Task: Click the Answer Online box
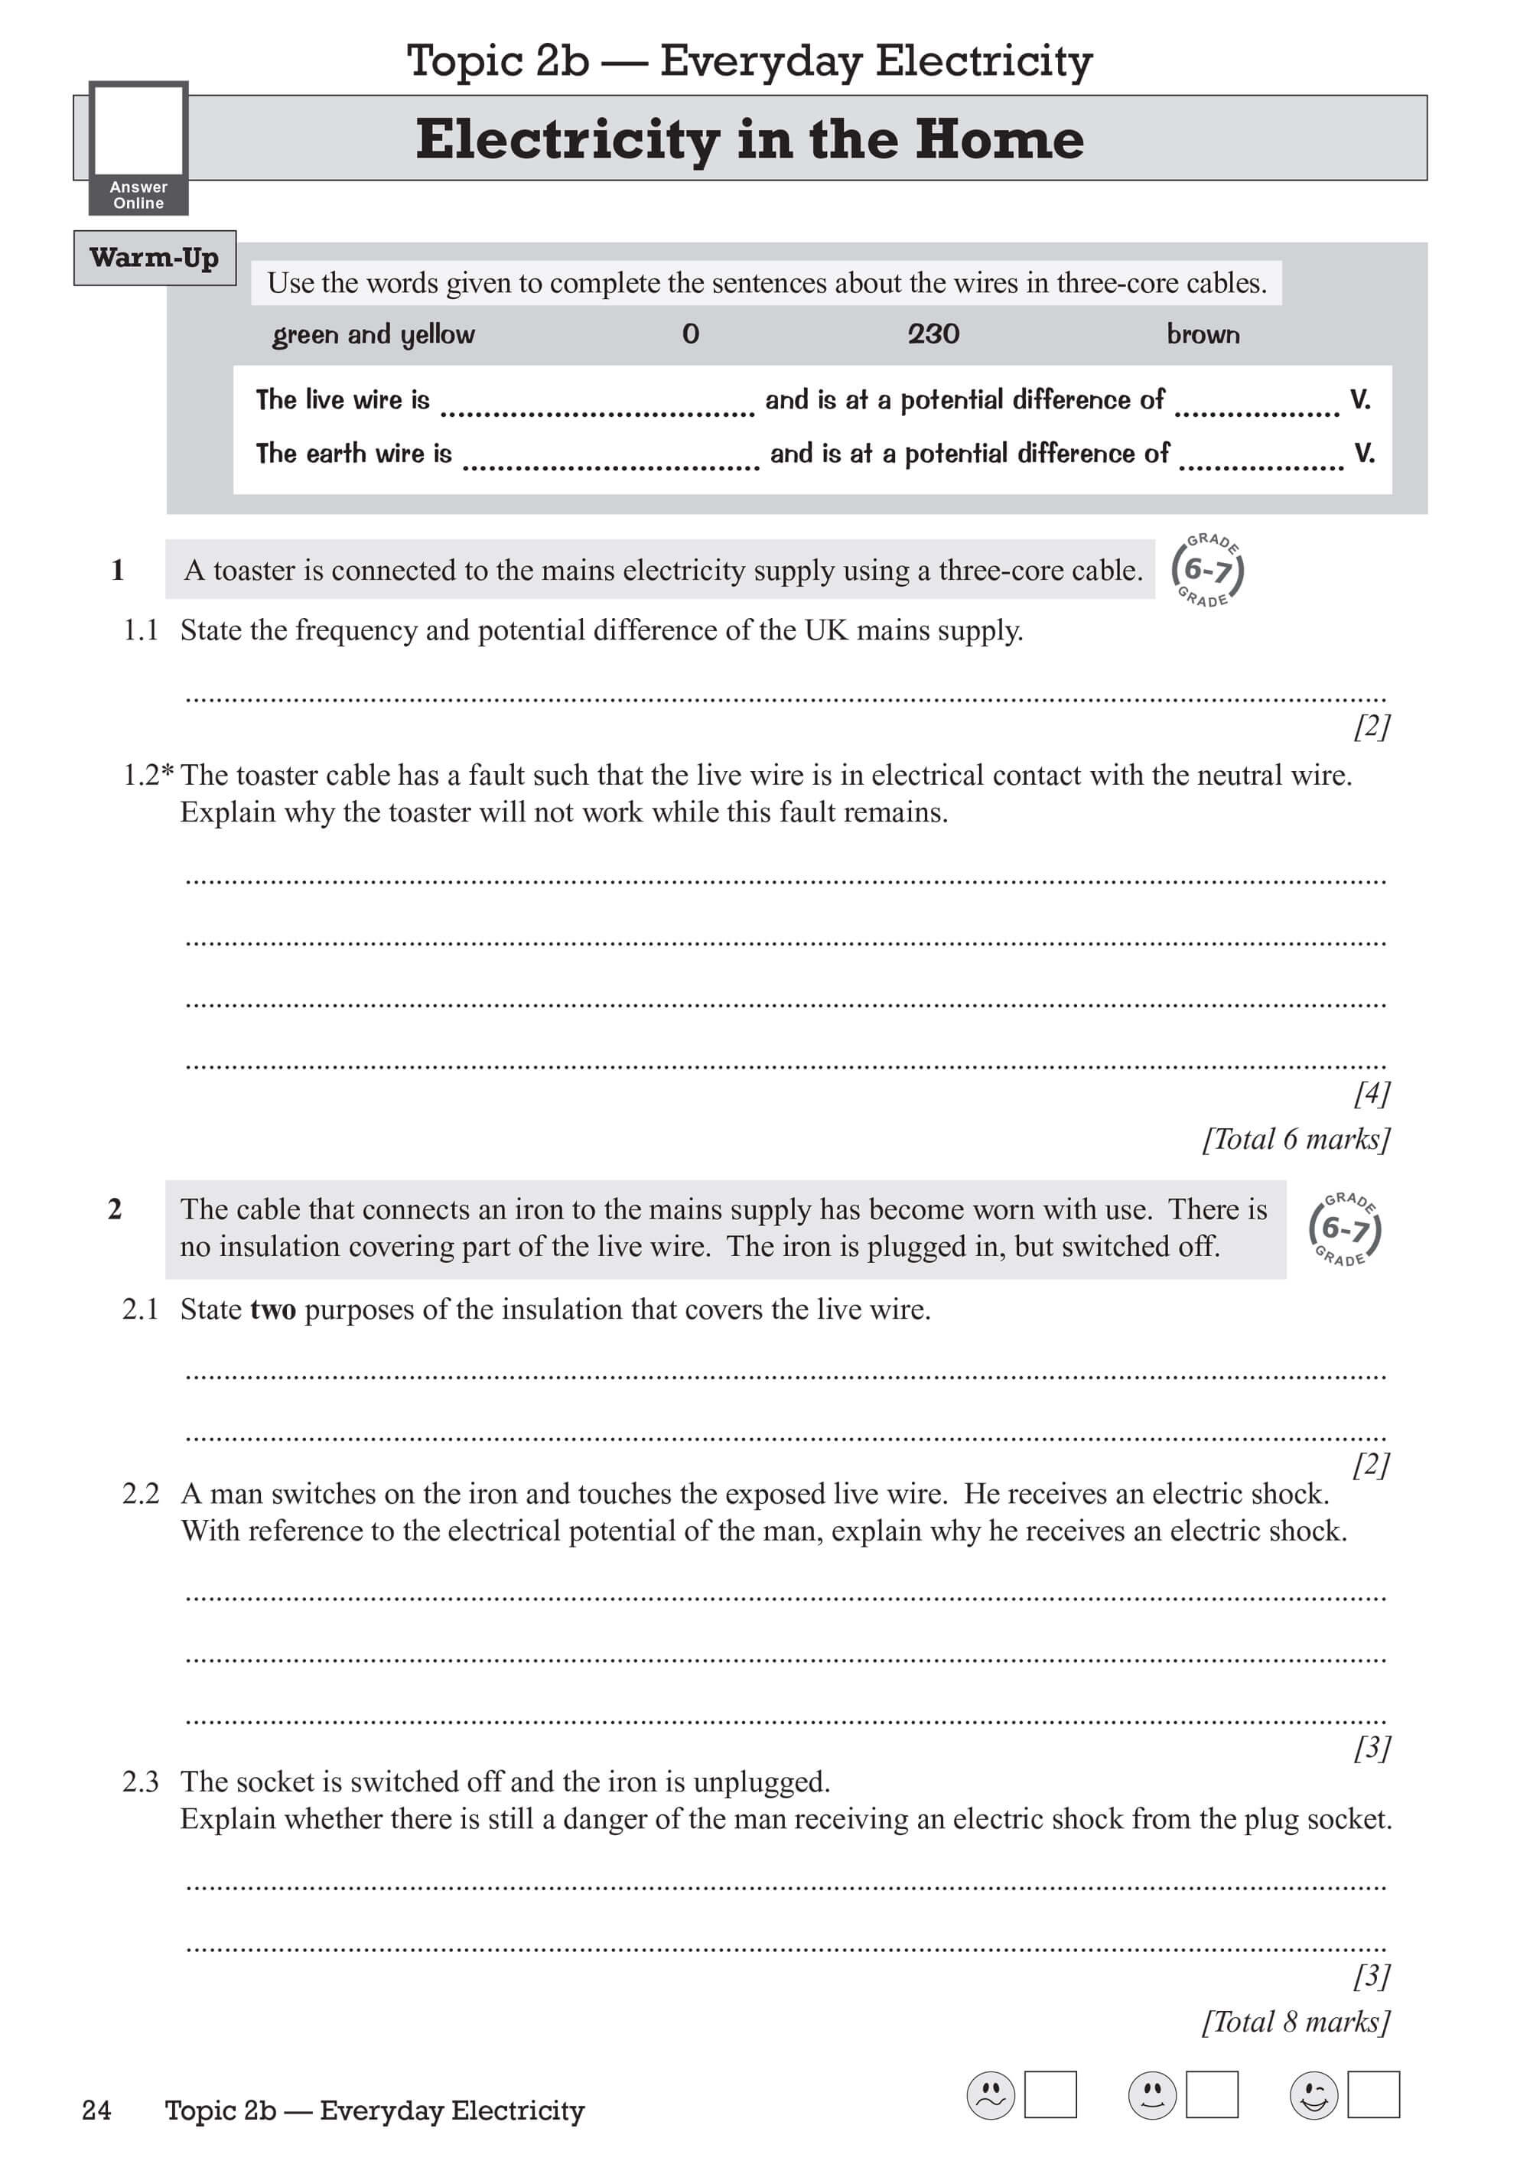coord(138,147)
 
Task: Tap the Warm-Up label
coord(155,257)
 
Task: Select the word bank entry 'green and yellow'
coord(373,334)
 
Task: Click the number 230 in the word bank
coord(933,334)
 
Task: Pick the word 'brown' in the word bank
coord(1203,334)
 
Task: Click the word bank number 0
coord(691,334)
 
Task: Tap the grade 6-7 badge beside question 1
coord(1208,569)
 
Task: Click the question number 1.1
coord(141,630)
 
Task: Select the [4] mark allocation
coord(1372,1092)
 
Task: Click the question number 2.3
coord(141,1782)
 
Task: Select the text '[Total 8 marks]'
coord(1296,2021)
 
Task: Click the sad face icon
coord(991,2095)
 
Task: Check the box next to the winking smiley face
coord(1373,2094)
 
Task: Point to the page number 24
coord(96,2110)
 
